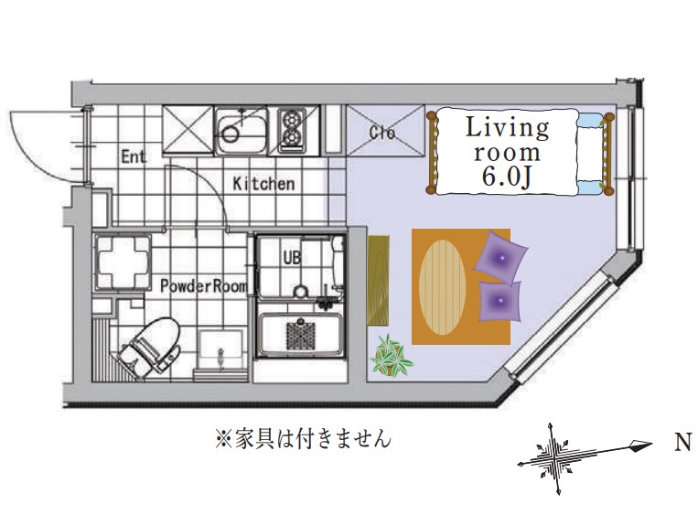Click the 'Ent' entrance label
pyautogui.click(x=134, y=156)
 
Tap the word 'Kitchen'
pyautogui.click(x=263, y=184)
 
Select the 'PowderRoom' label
pyautogui.click(x=203, y=285)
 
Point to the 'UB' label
pyautogui.click(x=291, y=258)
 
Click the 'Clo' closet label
pyautogui.click(x=381, y=133)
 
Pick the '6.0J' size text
pyautogui.click(x=506, y=178)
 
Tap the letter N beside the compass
pyautogui.click(x=682, y=444)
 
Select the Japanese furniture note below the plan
pyautogui.click(x=303, y=440)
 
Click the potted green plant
pyautogui.click(x=392, y=356)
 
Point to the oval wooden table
pyautogui.click(x=442, y=286)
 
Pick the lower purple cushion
pyautogui.click(x=498, y=301)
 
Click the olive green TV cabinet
pyautogui.click(x=378, y=280)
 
